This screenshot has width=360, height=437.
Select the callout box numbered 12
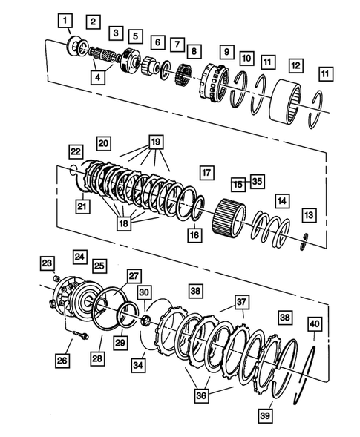(x=295, y=66)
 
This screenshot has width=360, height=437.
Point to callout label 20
(x=102, y=142)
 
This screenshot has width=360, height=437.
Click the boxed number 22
(x=76, y=151)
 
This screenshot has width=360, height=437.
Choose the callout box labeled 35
(x=257, y=180)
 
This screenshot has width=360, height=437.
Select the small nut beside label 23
(x=57, y=277)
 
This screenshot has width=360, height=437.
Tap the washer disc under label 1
(x=76, y=45)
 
